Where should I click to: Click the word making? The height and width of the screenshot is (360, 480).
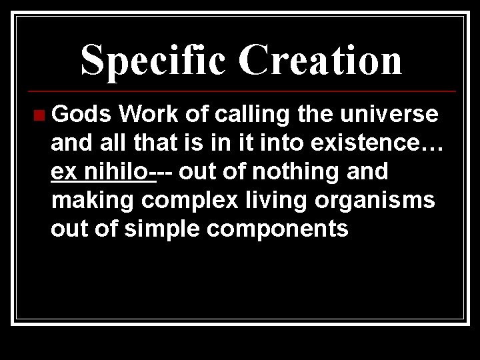tap(93, 200)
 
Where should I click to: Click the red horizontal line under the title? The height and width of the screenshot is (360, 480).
tap(240, 91)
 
